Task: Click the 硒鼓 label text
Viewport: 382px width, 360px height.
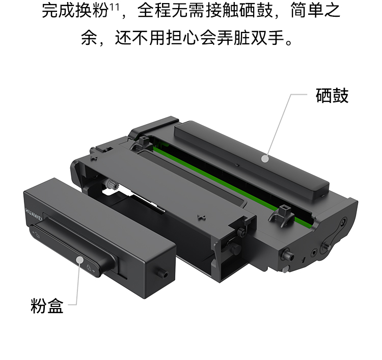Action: (x=332, y=96)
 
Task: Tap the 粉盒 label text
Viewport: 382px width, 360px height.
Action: (x=47, y=307)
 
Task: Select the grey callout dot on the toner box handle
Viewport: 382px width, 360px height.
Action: (x=80, y=260)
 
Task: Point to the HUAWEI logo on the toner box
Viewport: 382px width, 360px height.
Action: (x=34, y=215)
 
